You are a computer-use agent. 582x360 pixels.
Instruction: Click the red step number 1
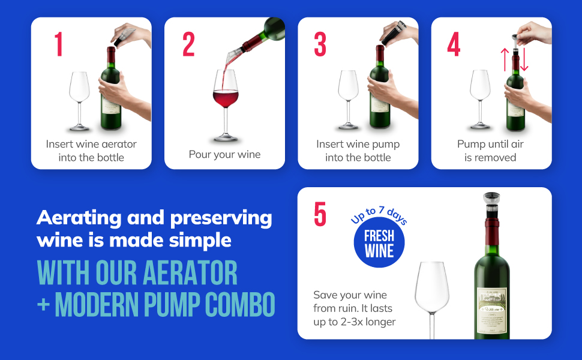58,44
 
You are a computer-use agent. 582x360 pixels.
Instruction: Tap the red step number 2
188,44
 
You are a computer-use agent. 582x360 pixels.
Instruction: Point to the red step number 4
454,44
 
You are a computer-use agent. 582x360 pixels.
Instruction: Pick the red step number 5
320,214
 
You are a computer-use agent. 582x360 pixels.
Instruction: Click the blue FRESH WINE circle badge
379,243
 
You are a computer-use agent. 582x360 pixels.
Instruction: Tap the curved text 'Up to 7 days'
379,215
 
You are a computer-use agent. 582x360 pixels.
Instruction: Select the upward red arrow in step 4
505,60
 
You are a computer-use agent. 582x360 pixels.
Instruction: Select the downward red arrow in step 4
524,60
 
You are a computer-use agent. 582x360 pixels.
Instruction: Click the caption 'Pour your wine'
224,154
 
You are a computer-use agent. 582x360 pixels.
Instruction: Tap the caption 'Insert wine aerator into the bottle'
91,151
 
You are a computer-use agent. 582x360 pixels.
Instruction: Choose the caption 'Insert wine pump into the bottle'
358,151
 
